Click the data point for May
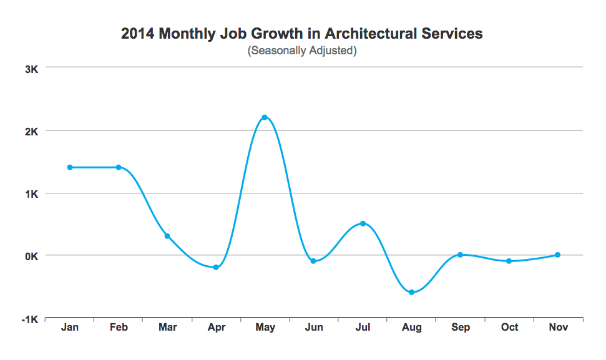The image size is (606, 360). (265, 117)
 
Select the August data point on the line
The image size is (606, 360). (411, 292)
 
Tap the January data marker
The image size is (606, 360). (70, 167)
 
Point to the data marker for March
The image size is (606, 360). (167, 236)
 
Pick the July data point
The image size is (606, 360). (363, 223)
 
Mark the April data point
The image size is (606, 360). (216, 267)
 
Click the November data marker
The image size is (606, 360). (557, 255)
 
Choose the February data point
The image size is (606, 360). (119, 167)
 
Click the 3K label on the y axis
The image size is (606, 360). (31, 69)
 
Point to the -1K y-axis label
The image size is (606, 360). (30, 319)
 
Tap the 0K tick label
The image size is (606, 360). (31, 256)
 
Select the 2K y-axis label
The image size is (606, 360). (31, 132)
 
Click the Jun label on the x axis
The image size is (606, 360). (314, 328)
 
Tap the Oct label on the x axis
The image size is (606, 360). (509, 328)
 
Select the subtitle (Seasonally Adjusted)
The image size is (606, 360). (302, 51)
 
